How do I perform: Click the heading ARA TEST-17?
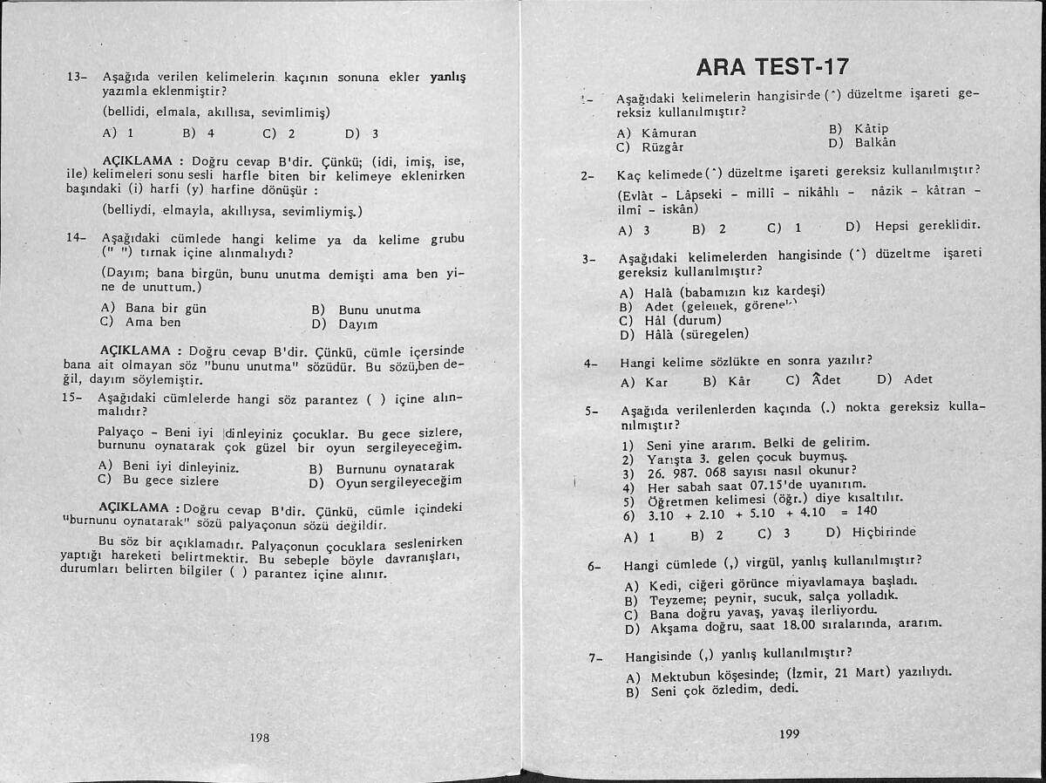coord(773,67)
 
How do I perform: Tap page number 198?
coord(259,737)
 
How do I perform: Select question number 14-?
coord(77,238)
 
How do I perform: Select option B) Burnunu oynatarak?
coord(382,468)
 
